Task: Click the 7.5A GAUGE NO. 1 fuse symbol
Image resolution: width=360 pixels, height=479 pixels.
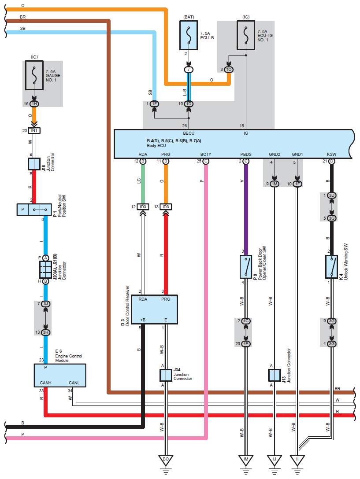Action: coord(34,75)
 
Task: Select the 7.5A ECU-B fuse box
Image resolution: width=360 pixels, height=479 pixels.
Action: coord(189,36)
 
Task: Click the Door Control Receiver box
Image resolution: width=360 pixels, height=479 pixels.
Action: coord(160,310)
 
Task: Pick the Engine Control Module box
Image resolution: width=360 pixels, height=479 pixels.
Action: coord(60,376)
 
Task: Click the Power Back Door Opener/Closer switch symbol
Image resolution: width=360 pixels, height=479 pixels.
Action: coord(245,266)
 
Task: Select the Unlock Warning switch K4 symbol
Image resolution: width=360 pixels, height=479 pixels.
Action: coord(331,266)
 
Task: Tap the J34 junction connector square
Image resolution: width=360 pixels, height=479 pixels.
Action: coord(165,375)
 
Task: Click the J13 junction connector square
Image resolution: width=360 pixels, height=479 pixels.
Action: coord(275,375)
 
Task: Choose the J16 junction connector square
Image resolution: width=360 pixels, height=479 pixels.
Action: coord(34,164)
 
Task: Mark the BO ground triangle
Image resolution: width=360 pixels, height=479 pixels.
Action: coord(166,460)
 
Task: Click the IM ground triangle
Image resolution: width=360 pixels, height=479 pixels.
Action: coord(245,460)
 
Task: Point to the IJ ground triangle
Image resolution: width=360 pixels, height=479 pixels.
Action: coord(275,460)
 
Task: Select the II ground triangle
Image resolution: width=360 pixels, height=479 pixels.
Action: coord(297,460)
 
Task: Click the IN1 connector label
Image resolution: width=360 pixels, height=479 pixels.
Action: coord(34,130)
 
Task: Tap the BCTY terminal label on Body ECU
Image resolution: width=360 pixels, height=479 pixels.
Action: coord(206,155)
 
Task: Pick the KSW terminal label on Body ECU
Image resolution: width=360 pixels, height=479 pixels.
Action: coord(331,155)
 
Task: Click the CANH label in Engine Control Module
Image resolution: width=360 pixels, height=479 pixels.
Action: coord(43,383)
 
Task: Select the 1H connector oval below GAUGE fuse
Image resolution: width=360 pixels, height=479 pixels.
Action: coord(34,104)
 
